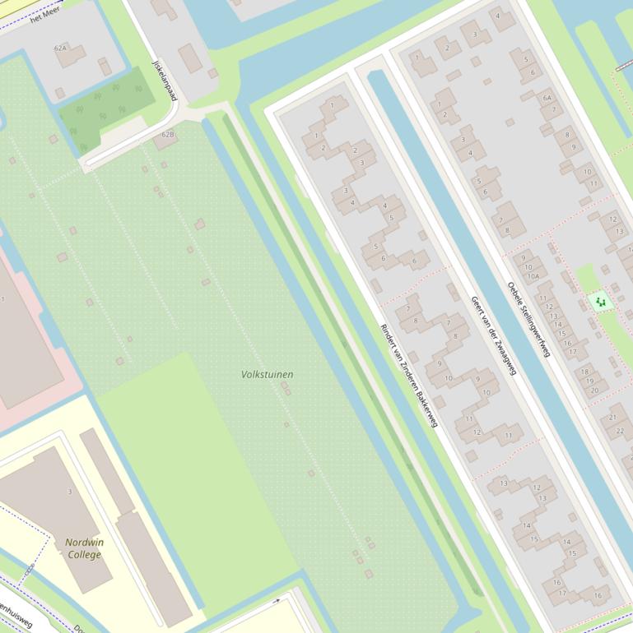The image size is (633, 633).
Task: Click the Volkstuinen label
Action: pyautogui.click(x=267, y=374)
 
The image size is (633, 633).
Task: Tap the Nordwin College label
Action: pyautogui.click(x=85, y=548)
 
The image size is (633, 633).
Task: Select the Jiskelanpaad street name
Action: pyautogui.click(x=165, y=80)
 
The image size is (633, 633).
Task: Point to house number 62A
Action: pyautogui.click(x=60, y=49)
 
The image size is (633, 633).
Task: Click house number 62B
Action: pyautogui.click(x=168, y=134)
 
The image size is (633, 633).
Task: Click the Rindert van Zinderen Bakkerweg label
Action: pyautogui.click(x=408, y=375)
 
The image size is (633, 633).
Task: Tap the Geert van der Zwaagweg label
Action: pyautogui.click(x=493, y=335)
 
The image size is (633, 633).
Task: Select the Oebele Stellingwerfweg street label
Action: pyautogui.click(x=528, y=319)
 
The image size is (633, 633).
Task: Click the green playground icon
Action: pyautogui.click(x=601, y=302)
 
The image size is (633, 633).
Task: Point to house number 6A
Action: pyautogui.click(x=547, y=97)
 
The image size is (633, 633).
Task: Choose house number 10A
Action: pyautogui.click(x=533, y=276)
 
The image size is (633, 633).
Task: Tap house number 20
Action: pyautogui.click(x=594, y=390)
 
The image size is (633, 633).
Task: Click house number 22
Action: pyautogui.click(x=620, y=431)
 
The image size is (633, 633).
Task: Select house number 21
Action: pyautogui.click(x=612, y=418)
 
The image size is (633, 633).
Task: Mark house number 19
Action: pyautogui.click(x=589, y=381)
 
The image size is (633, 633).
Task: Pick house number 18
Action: pyautogui.click(x=585, y=372)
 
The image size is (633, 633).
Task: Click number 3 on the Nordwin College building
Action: pyautogui.click(x=69, y=492)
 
